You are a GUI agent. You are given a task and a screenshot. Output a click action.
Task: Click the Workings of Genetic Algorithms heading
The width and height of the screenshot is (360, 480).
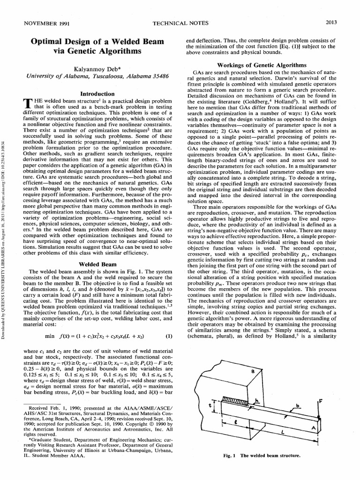[x=267, y=65]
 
